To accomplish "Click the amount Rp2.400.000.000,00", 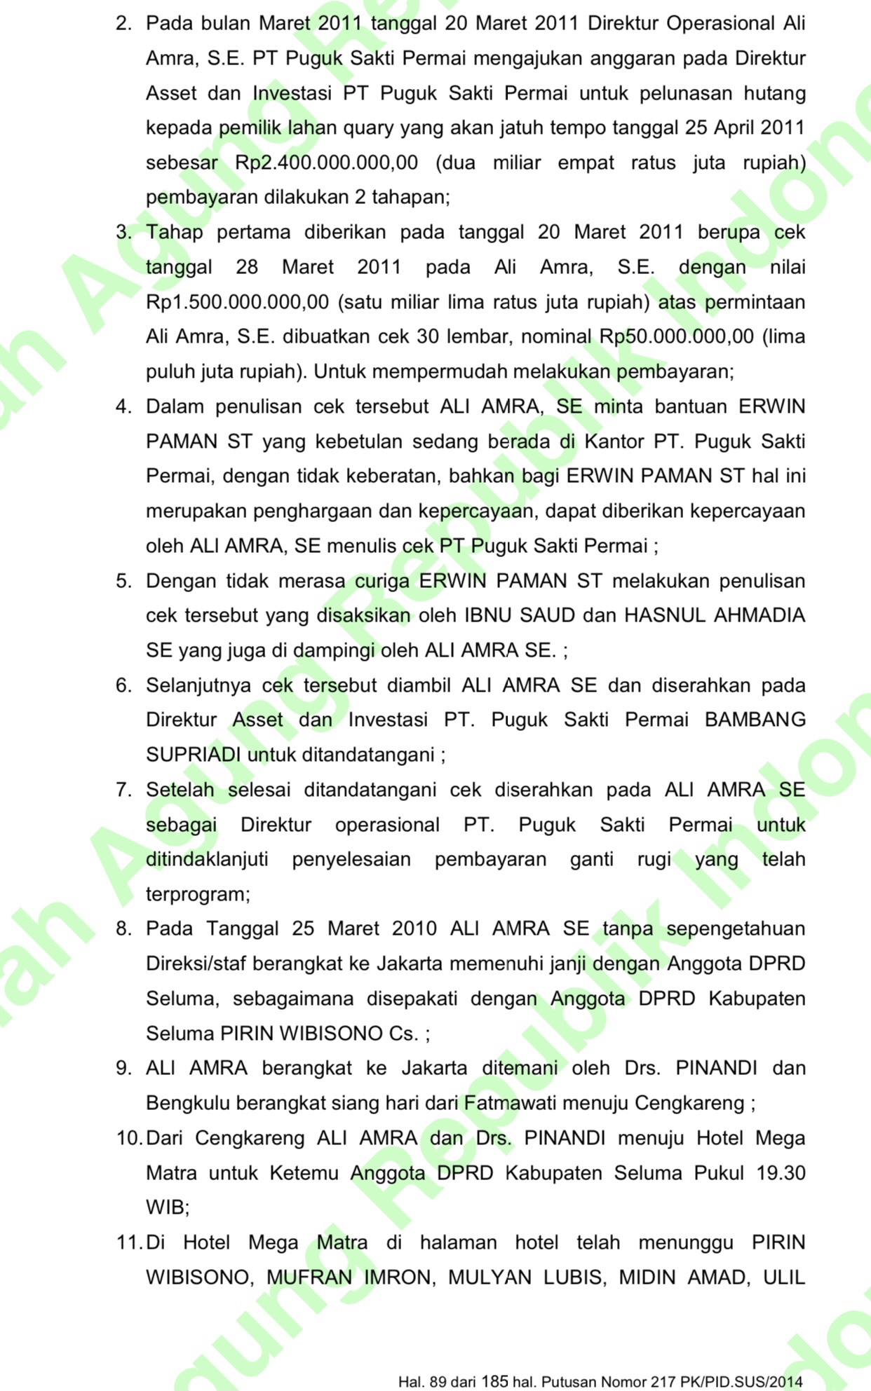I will (326, 163).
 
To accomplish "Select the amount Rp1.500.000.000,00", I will (237, 302).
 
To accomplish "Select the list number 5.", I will (123, 581).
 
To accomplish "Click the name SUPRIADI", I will (193, 755).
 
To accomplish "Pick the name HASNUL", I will (665, 615).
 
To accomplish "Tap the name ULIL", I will (783, 1277).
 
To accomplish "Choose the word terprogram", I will (197, 894).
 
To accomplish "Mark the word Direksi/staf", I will (196, 964).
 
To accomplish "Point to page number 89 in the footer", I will (438, 1382).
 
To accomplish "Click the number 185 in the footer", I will (494, 1381).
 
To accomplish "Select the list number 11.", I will (129, 1242).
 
